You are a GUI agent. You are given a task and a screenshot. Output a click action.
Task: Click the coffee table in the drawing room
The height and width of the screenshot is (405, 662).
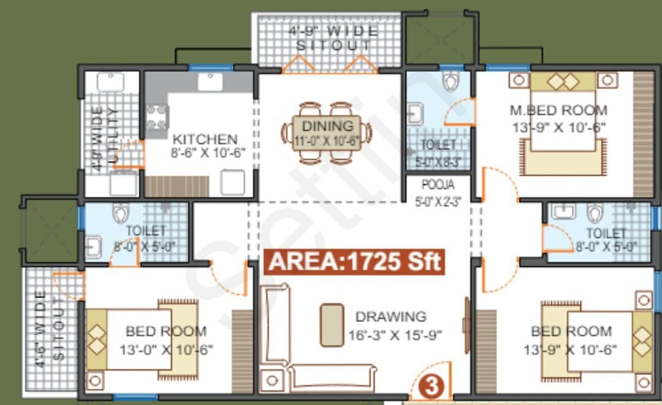(x=332, y=324)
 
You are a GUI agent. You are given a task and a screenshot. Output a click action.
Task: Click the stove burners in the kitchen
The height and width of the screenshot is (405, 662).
(x=157, y=117)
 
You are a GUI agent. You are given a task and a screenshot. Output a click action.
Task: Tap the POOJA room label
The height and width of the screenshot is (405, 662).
(x=437, y=184)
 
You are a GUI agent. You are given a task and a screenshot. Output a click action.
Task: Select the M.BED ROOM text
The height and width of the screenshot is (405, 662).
(x=558, y=111)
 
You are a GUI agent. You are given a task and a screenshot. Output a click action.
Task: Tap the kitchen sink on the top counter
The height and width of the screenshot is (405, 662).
(x=209, y=81)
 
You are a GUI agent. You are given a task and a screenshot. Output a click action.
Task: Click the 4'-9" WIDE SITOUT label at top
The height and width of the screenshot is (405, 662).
(x=333, y=38)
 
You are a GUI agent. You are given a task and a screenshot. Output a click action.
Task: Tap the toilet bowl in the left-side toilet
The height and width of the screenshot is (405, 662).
(x=120, y=213)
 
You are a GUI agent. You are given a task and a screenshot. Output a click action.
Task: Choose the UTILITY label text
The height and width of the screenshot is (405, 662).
(x=112, y=136)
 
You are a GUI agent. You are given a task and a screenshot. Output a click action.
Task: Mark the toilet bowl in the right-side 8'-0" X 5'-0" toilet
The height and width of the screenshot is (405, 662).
(x=595, y=213)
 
